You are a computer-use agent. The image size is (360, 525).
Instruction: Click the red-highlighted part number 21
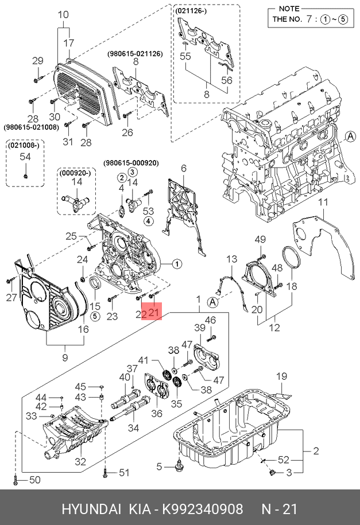153,312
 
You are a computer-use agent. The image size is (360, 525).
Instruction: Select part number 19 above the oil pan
281,376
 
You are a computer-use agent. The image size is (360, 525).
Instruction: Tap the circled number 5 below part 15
95,316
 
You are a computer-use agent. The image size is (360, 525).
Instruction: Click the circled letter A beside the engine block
351,137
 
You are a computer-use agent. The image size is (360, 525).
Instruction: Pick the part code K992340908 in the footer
203,509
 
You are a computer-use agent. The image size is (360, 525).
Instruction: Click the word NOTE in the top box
289,9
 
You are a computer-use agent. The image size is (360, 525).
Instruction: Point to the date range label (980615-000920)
131,163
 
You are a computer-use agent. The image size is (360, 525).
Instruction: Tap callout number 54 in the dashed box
25,157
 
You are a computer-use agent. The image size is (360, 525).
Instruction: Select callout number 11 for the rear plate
323,202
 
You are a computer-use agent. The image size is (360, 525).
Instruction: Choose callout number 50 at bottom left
35,480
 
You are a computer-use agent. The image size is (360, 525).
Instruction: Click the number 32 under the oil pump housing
80,462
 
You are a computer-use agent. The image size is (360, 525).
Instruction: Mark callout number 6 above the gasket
183,168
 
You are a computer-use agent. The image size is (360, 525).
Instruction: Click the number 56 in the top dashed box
227,80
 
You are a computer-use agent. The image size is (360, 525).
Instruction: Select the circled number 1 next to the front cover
177,264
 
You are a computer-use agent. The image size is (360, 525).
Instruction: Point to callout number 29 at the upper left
38,61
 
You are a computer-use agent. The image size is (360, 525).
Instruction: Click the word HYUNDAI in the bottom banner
91,509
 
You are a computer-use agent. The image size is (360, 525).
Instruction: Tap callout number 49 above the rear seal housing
260,239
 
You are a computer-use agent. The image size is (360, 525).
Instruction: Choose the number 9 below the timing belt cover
65,357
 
